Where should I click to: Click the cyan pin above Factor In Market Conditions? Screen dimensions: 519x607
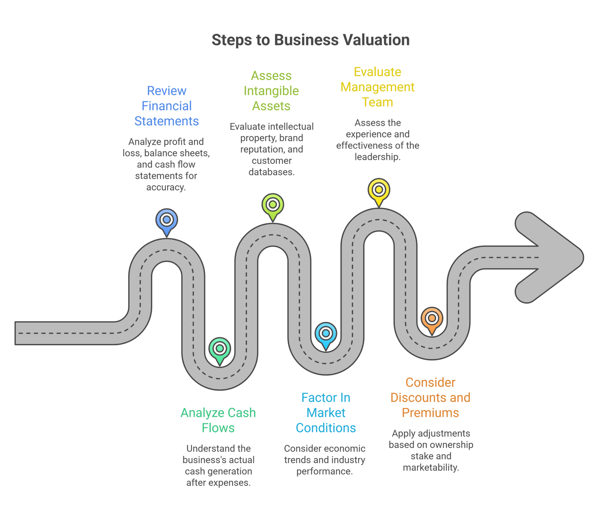point(326,334)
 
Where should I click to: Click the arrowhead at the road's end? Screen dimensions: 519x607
point(554,257)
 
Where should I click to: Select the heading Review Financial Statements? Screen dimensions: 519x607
point(167,106)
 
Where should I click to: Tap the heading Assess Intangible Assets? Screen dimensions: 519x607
point(271,91)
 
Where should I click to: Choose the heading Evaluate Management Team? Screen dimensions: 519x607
point(377,87)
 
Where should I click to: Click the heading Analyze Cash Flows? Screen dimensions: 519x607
point(218,420)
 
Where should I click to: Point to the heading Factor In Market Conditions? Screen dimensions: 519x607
point(326,412)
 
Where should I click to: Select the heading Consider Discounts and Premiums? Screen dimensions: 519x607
point(430,397)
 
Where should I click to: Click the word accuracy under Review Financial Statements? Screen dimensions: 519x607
point(166,187)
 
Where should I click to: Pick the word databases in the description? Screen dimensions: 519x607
point(271,172)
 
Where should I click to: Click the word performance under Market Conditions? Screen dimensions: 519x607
point(324,472)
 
